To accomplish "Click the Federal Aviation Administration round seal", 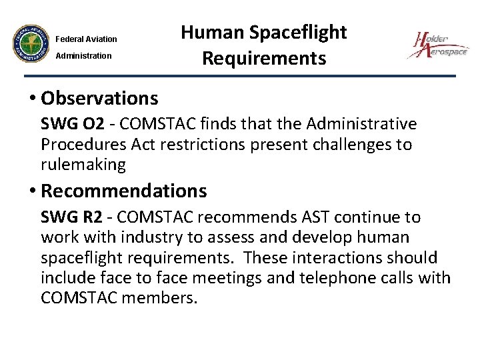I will point(31,46).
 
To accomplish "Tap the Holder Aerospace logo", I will point(438,46).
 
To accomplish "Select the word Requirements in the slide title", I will point(264,59).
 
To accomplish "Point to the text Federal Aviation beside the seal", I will point(86,39).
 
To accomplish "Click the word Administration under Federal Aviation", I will point(83,55).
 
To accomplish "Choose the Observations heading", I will point(99,99).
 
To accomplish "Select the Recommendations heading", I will point(124,191).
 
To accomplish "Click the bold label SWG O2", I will point(66,124).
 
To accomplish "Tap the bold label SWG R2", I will point(66,217).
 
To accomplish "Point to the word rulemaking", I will point(83,163).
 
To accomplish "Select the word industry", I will point(139,237).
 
